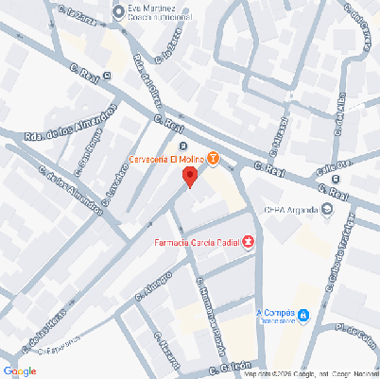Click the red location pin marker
190,177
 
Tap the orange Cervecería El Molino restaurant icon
214,158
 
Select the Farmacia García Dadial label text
197,243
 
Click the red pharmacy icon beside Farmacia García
249,243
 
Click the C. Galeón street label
231,365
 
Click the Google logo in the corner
20,370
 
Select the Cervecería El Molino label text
167,159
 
